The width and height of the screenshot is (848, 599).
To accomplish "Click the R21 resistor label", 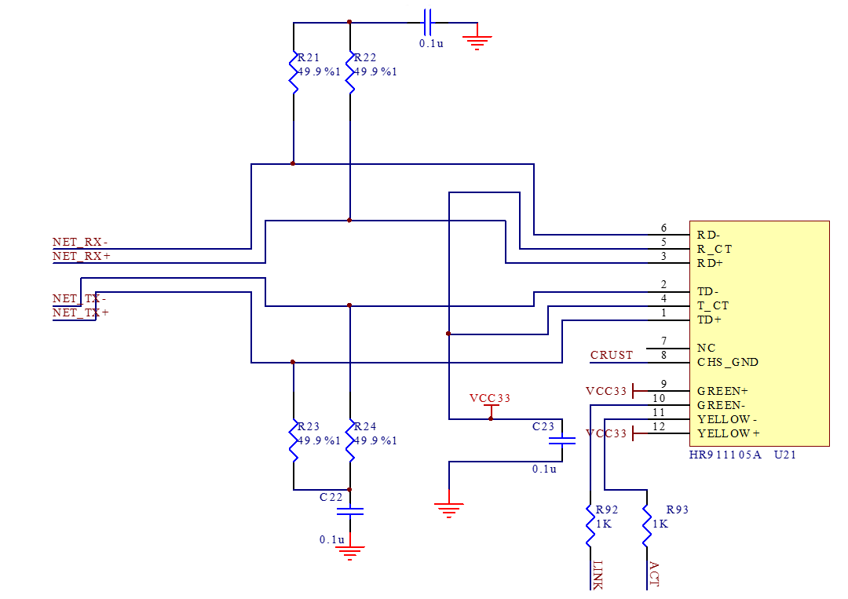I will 309,58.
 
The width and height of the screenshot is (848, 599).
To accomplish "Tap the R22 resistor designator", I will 365,58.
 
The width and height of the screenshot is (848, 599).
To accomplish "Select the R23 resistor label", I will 309,426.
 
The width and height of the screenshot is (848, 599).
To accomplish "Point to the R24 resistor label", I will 365,426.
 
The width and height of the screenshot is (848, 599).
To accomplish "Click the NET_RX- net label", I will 80,242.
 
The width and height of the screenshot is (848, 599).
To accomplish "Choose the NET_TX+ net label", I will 80,312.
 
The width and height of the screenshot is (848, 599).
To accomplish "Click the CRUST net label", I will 612,355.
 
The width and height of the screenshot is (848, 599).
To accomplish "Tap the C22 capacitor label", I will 331,497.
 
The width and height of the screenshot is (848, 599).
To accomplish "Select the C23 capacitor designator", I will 543,426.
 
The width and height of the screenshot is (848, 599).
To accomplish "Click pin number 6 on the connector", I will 663,228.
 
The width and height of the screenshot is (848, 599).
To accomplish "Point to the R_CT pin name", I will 715,249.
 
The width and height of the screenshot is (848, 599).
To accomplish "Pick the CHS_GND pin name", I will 728,362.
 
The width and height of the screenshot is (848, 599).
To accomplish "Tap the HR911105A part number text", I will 726,455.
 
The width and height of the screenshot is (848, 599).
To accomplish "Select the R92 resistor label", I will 607,510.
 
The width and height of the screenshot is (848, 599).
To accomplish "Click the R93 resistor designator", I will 677,510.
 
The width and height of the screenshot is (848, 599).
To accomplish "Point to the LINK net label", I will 597,575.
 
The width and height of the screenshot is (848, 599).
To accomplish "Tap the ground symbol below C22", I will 349,552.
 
